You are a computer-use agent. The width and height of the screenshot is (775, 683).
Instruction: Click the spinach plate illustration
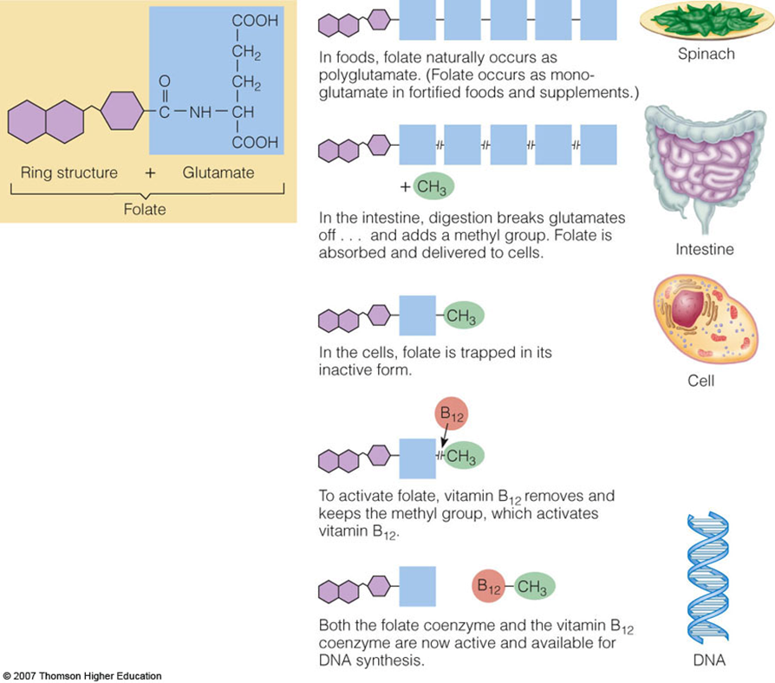[705, 23]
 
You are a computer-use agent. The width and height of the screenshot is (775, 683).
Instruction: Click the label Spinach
[705, 54]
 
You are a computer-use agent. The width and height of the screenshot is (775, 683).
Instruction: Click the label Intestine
[704, 250]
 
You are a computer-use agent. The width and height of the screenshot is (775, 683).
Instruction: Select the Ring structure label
[68, 172]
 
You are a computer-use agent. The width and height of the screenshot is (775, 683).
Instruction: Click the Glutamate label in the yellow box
[218, 172]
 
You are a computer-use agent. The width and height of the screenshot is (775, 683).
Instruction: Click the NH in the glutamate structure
[200, 113]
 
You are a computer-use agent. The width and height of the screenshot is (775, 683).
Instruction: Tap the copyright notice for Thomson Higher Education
[82, 675]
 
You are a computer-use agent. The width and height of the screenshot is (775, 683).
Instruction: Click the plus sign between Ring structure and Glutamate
[150, 172]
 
